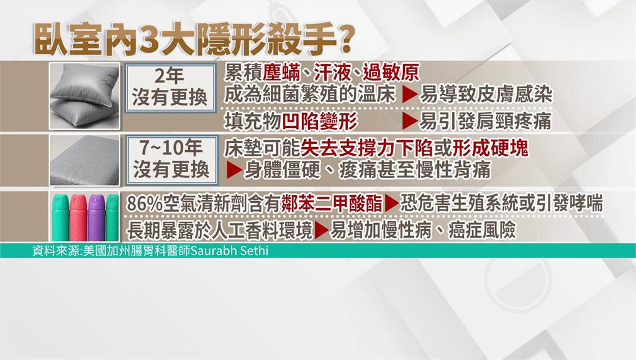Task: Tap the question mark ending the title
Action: coord(344,40)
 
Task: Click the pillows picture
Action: coord(84,96)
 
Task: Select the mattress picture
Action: coord(84,161)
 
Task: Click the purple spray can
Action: coord(96,218)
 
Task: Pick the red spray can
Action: coord(78,218)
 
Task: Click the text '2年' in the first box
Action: coord(170,76)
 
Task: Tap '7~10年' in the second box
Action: coord(171,147)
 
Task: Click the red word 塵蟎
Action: coord(281,73)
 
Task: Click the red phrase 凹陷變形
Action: coord(320,121)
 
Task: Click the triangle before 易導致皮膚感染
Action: coord(410,95)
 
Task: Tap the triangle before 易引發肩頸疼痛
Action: coord(410,121)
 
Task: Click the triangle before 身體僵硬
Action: coord(234,170)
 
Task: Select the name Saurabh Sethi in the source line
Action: coord(229,250)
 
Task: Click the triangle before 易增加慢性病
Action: coord(322,230)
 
